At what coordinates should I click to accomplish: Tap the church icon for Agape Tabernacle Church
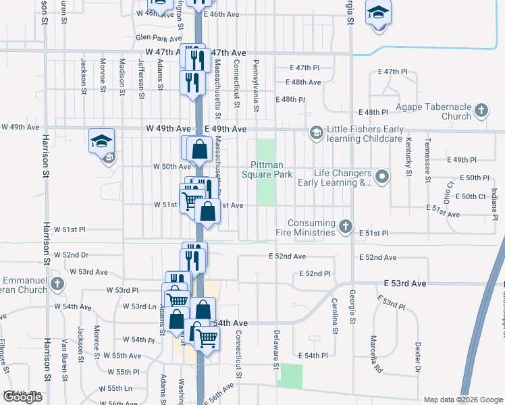pyautogui.click(x=481, y=110)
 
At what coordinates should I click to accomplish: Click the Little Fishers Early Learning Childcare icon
pyautogui.click(x=315, y=132)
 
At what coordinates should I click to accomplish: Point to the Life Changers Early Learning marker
pyautogui.click(x=382, y=178)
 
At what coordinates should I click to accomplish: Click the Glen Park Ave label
pyautogui.click(x=154, y=38)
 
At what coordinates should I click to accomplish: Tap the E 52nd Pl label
pyautogui.click(x=315, y=274)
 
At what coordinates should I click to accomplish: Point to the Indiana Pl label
pyautogui.click(x=495, y=205)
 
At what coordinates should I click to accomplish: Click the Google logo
pyautogui.click(x=22, y=398)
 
